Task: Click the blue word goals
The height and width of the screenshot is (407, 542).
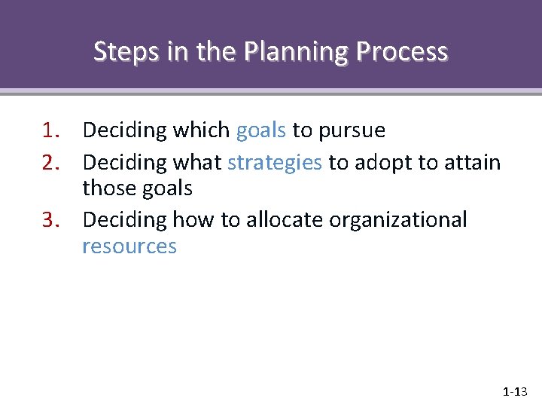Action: pos(260,131)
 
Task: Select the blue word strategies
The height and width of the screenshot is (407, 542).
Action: pos(275,163)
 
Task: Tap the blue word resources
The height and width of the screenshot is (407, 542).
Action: pos(129,246)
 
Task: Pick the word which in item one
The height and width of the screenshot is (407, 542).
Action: pos(201,130)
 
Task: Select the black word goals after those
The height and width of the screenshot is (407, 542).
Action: pos(169,189)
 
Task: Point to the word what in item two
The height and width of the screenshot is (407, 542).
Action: pos(196,162)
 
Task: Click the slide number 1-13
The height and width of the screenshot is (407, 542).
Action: pos(516,392)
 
